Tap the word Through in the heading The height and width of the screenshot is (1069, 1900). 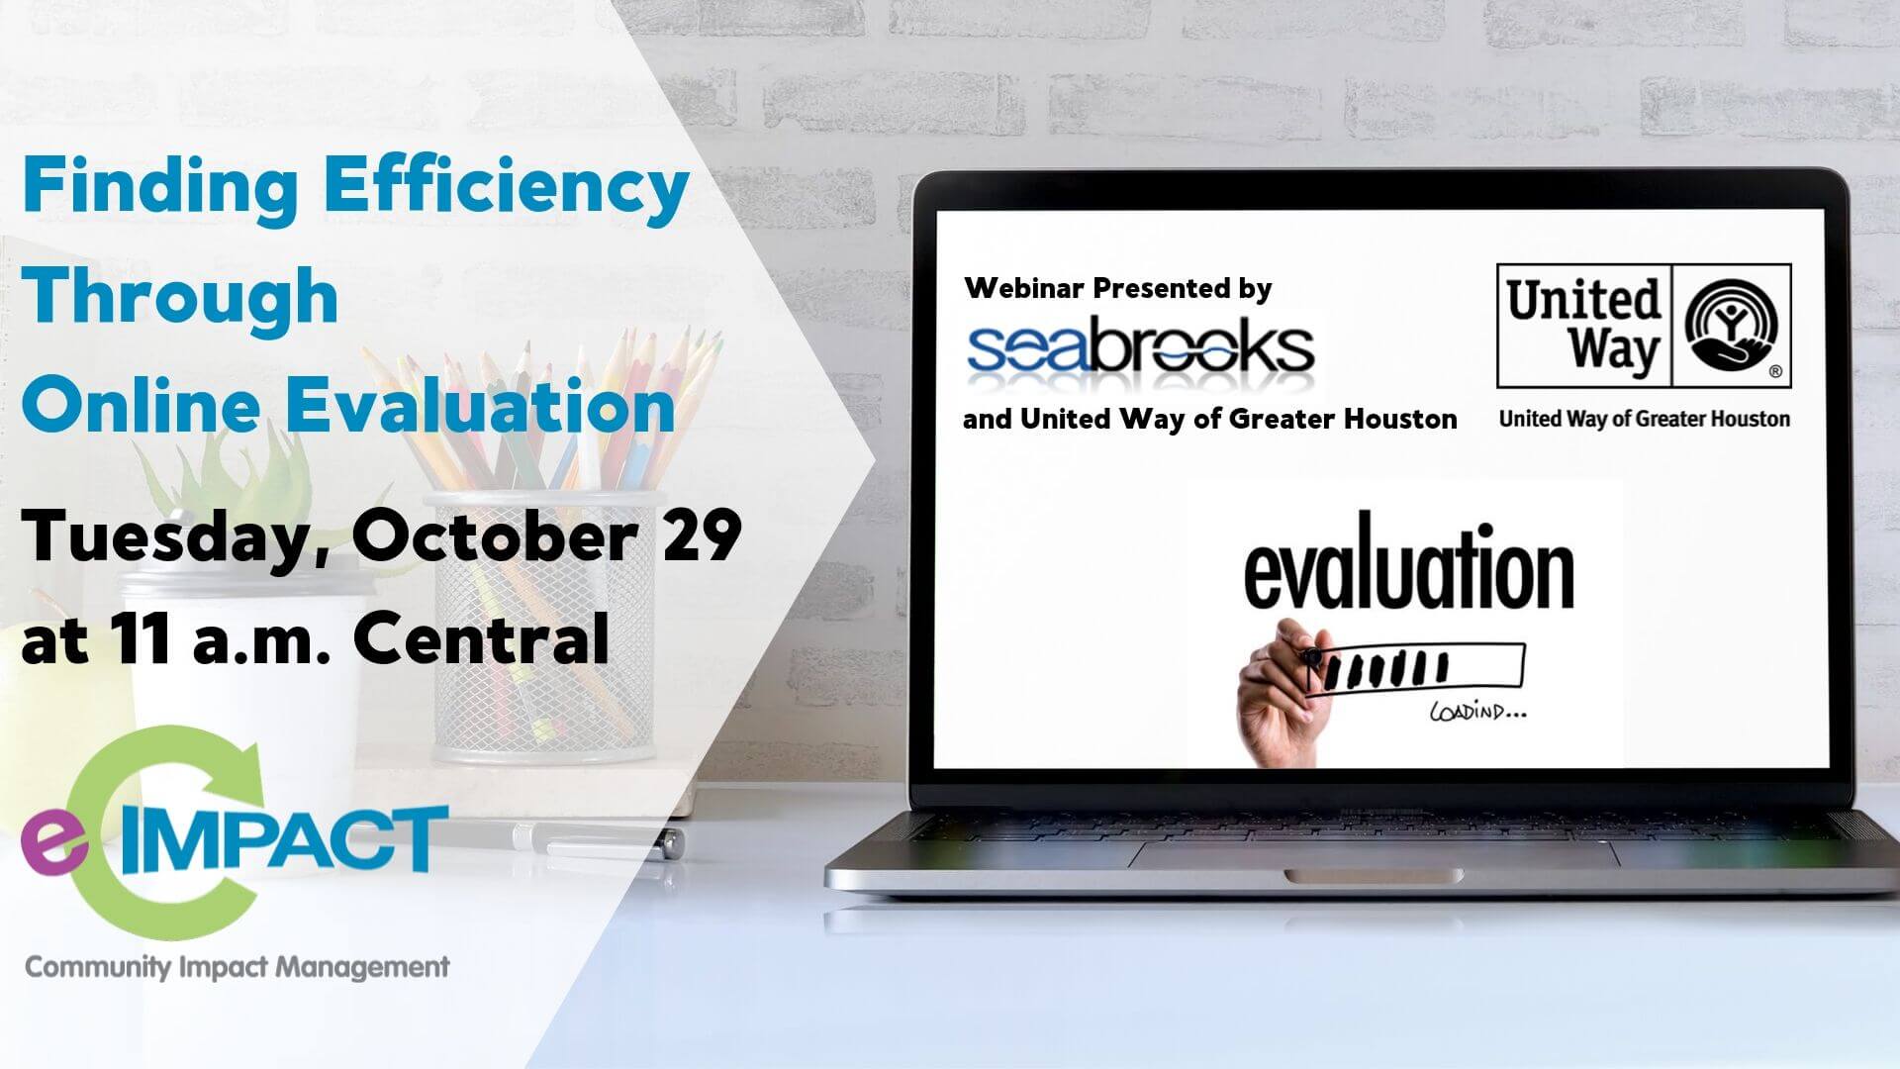pyautogui.click(x=181, y=295)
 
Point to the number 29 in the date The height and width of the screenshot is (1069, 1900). pyautogui.click(x=702, y=535)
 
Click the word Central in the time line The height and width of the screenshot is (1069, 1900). pyautogui.click(x=481, y=638)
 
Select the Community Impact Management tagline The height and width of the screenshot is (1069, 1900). pyautogui.click(x=237, y=967)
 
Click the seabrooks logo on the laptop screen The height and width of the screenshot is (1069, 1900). pyautogui.click(x=1140, y=347)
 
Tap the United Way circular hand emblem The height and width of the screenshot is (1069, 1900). pyautogui.click(x=1731, y=325)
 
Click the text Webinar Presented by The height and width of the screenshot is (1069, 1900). pyautogui.click(x=1118, y=288)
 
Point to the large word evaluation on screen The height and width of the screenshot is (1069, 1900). pyautogui.click(x=1408, y=568)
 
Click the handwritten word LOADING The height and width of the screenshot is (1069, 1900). pyautogui.click(x=1477, y=712)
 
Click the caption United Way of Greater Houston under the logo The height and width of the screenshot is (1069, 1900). pyautogui.click(x=1644, y=419)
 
